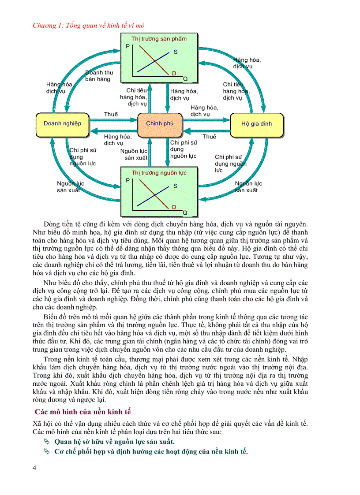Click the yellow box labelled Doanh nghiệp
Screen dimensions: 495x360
[62, 124]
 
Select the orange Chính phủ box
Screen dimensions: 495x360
[160, 124]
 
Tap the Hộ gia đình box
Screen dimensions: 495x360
[257, 124]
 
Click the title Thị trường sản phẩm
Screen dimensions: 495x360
[159, 39]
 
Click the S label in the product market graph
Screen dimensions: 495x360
[175, 52]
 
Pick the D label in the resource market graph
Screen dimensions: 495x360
[174, 207]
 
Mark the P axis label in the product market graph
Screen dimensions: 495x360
[128, 46]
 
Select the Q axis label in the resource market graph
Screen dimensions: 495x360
[185, 213]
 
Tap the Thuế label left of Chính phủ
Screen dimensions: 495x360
[111, 114]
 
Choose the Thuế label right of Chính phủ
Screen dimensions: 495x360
[209, 137]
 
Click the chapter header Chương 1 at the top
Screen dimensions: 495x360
[89, 25]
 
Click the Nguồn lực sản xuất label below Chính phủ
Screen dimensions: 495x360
[135, 154]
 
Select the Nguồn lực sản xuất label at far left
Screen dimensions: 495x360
[70, 187]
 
